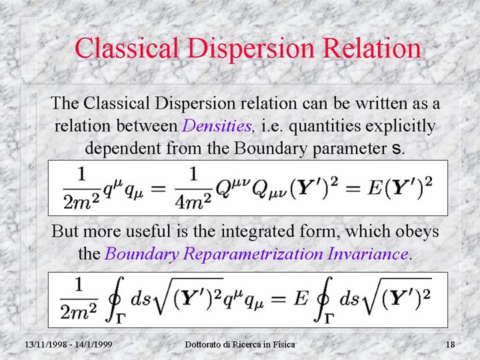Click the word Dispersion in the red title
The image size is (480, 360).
[x=251, y=49]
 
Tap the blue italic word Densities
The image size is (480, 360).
[x=217, y=125]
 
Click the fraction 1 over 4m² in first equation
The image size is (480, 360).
[x=193, y=189]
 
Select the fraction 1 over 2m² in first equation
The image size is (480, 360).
[x=81, y=189]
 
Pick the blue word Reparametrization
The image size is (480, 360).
[x=253, y=254]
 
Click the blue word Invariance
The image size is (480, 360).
[x=367, y=253]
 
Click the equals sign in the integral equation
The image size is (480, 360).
[x=277, y=299]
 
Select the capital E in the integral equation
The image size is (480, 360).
[x=300, y=298]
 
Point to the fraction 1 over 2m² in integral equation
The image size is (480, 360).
[x=79, y=299]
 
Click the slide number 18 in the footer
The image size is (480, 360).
[x=450, y=345]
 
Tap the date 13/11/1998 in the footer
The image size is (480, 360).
[x=45, y=345]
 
